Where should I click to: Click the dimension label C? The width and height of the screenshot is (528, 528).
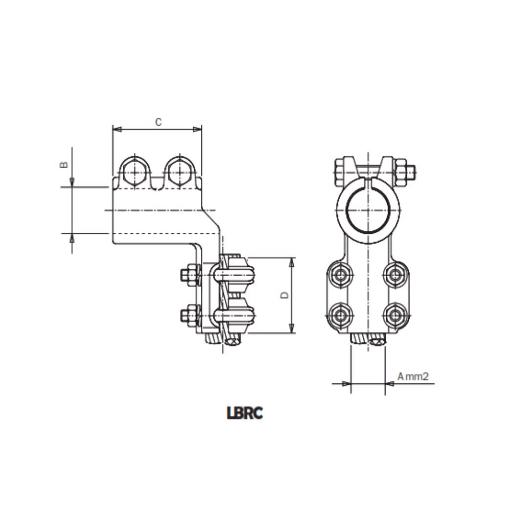coord(158,122)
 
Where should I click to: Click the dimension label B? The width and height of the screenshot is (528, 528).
coord(64,165)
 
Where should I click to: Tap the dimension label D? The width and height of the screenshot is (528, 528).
coord(285,295)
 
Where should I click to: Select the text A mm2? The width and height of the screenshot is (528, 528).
coord(413,376)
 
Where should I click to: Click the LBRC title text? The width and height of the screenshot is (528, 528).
coord(245,413)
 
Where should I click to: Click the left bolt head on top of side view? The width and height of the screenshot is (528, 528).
coord(134,173)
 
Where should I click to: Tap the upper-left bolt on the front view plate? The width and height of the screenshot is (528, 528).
coord(340,275)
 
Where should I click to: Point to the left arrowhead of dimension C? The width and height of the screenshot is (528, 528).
coord(117,129)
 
